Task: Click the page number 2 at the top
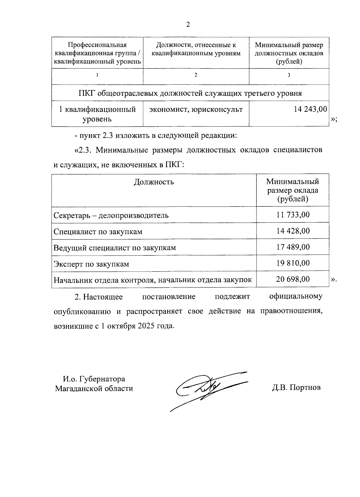188,25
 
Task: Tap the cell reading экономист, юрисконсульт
196,110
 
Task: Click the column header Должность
154,182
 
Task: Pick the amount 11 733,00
293,215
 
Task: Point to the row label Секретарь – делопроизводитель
111,215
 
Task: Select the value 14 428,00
293,231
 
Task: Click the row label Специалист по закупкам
98,232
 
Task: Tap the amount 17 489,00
293,247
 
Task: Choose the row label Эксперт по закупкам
91,264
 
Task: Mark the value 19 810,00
293,263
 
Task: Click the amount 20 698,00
293,279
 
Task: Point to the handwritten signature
207,389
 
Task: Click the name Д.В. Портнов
296,387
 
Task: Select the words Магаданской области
94,388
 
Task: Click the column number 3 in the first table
289,75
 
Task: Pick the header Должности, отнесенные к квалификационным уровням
196,49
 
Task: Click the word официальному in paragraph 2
296,297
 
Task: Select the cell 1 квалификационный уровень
97,114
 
